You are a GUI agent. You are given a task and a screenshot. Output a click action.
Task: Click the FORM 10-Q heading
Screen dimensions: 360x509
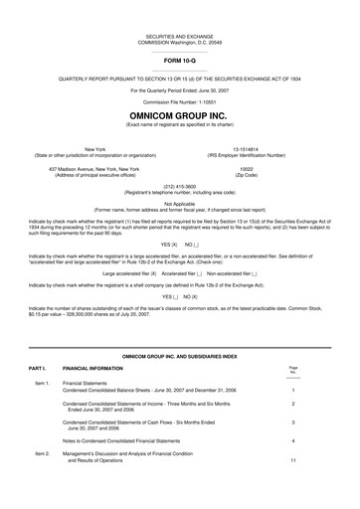180,59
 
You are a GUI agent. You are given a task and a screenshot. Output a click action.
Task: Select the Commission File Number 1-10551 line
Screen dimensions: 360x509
180,100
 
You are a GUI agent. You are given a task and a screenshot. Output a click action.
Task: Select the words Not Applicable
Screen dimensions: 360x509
180,204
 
